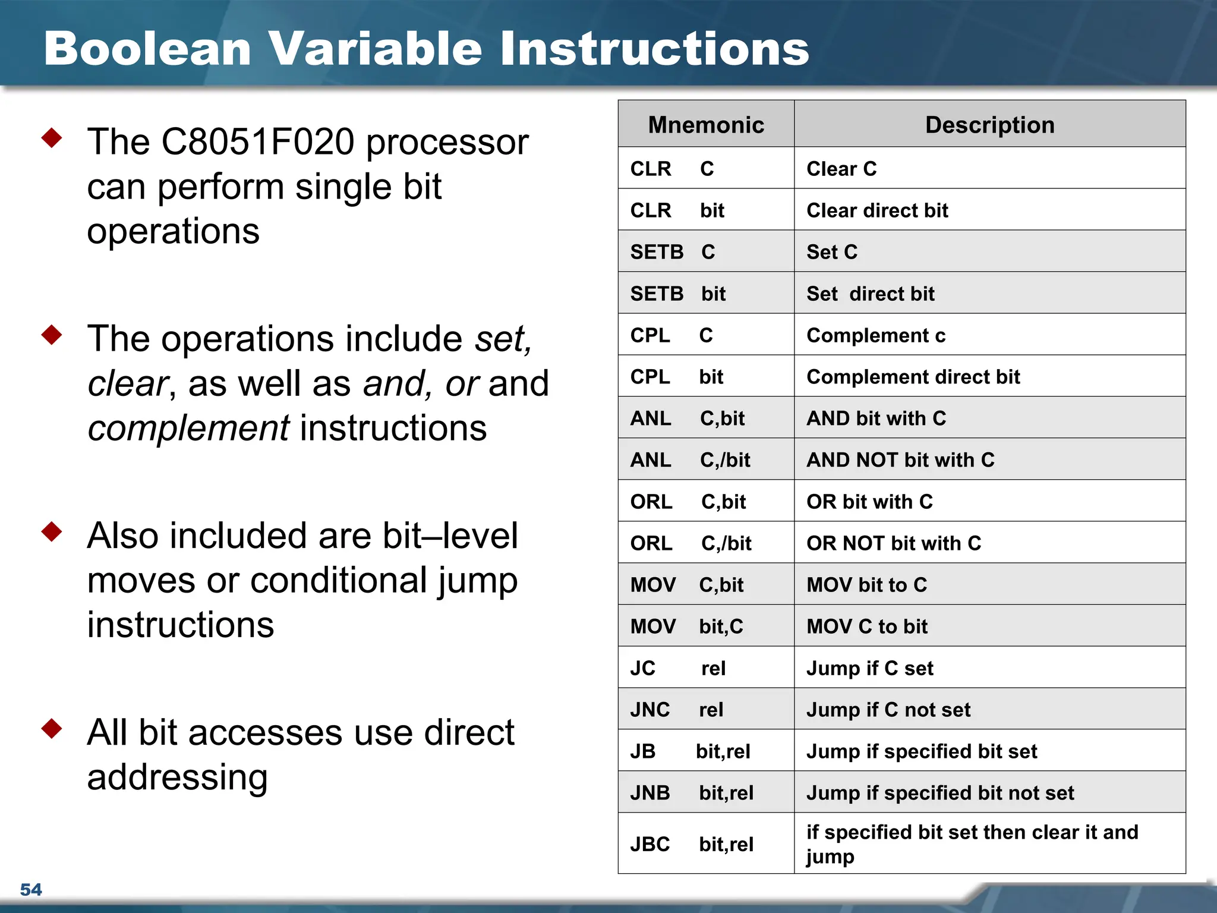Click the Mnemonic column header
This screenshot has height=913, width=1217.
(x=706, y=125)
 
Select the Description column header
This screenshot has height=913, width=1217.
(x=989, y=125)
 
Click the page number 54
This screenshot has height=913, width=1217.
(x=31, y=889)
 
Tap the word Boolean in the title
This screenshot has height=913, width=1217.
(x=147, y=49)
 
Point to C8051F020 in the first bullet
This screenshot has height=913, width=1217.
(x=258, y=142)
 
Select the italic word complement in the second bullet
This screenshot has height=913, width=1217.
(x=188, y=428)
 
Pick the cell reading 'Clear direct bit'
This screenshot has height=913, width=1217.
(x=877, y=210)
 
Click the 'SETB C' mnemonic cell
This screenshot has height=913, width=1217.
(x=673, y=252)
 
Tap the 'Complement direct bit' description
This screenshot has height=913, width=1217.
(x=913, y=377)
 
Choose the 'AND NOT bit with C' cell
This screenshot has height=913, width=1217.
(x=900, y=460)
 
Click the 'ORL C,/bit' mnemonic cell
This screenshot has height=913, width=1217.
(x=691, y=543)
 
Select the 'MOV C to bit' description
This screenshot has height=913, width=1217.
(x=867, y=626)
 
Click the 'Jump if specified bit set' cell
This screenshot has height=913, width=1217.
(x=922, y=751)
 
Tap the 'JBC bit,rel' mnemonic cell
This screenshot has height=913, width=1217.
(x=692, y=844)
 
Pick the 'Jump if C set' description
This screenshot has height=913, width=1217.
(x=870, y=668)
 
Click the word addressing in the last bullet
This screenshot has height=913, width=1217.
(x=177, y=777)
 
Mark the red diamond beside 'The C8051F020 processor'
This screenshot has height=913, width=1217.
(x=52, y=138)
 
